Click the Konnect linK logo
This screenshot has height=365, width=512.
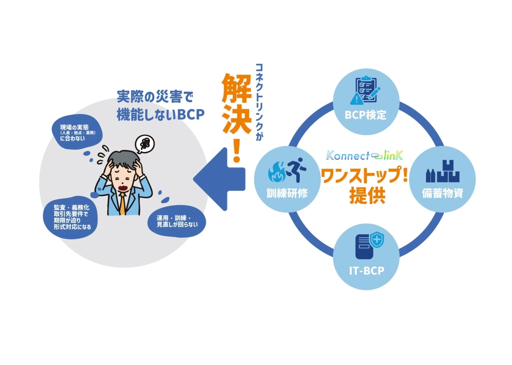coord(365,156)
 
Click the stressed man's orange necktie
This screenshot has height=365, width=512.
coord(122,203)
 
